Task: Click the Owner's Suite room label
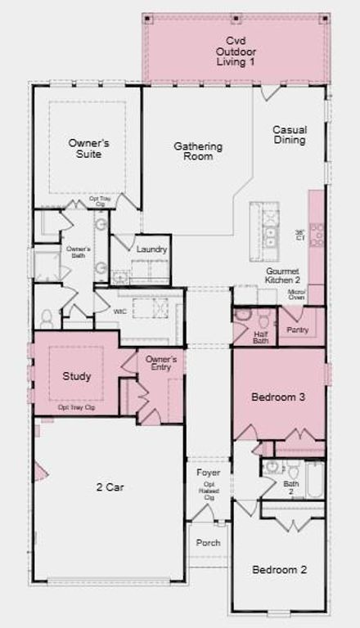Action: click(x=88, y=148)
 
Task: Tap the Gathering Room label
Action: click(x=198, y=152)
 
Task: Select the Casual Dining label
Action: click(x=289, y=135)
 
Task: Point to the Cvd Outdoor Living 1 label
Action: click(x=236, y=50)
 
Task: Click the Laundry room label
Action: click(x=152, y=249)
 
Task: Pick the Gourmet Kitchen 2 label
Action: click(x=282, y=276)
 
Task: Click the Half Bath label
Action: click(x=261, y=336)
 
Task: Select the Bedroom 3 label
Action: click(x=278, y=397)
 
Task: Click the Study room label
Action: click(x=77, y=377)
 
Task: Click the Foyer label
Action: click(x=208, y=472)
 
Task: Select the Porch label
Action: click(x=208, y=543)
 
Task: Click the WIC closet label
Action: click(x=119, y=311)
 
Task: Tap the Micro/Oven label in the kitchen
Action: click(x=296, y=294)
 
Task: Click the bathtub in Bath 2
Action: click(x=314, y=482)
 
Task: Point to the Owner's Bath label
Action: click(x=78, y=251)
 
